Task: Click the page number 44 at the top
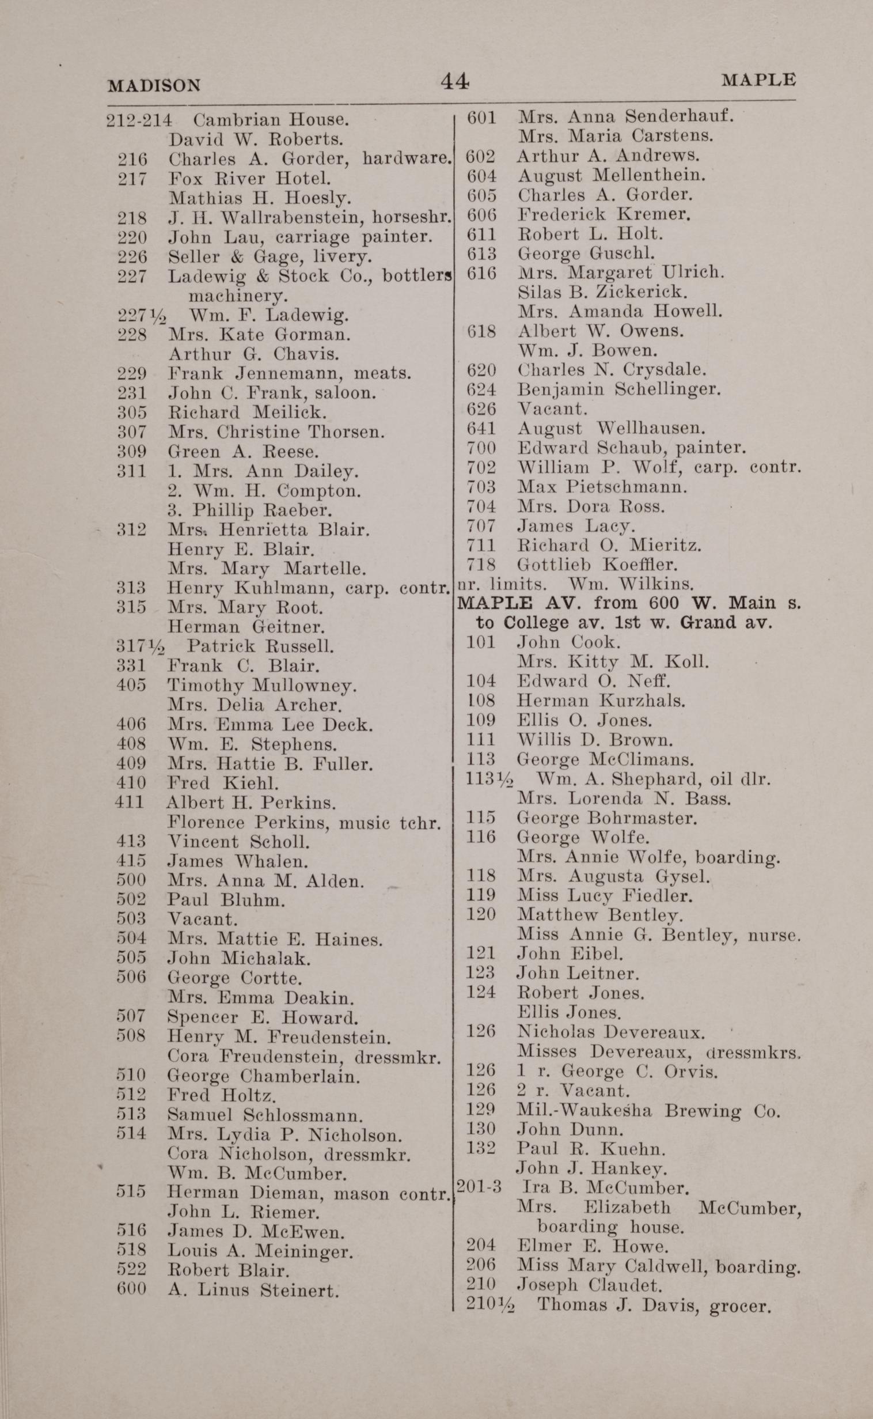pyautogui.click(x=455, y=81)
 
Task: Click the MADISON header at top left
pyautogui.click(x=154, y=85)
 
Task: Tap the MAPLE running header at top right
pyautogui.click(x=758, y=80)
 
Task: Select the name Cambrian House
pyautogui.click(x=271, y=120)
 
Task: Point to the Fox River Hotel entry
pyautogui.click(x=249, y=179)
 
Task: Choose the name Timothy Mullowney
pyautogui.click(x=261, y=686)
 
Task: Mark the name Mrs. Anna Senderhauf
pyautogui.click(x=625, y=116)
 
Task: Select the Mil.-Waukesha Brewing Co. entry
pyautogui.click(x=648, y=1110)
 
